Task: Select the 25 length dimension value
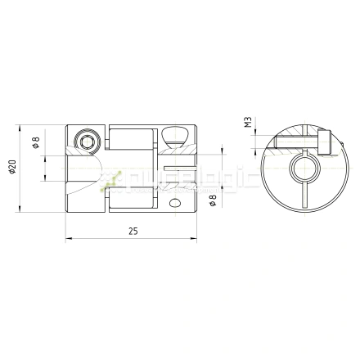132,232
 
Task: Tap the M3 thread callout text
247,124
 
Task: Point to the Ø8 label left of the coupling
34,142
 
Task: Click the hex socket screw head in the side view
87,142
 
